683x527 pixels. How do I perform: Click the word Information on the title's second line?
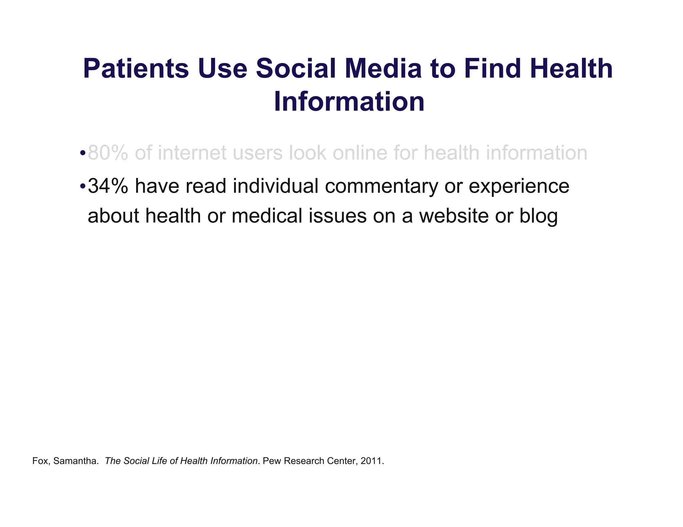pos(349,102)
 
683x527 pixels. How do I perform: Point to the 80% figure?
pos(108,153)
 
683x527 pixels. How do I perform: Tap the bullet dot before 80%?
pos(82,154)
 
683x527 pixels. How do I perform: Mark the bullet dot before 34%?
pos(82,187)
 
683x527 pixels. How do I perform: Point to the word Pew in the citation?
pos(270,461)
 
